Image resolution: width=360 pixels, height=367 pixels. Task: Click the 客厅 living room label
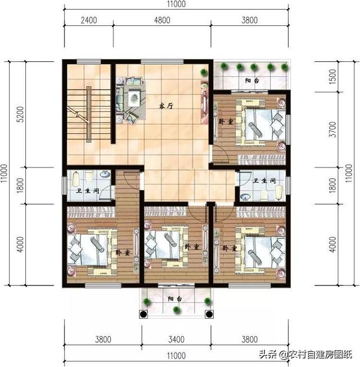166,106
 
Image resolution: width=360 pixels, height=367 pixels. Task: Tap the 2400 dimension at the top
89,20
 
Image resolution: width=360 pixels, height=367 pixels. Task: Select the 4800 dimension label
162,20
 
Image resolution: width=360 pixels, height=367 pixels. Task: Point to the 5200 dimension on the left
20,114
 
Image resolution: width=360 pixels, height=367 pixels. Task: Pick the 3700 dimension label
332,129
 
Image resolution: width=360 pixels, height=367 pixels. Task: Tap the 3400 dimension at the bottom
177,339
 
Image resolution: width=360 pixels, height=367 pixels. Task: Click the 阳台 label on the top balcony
252,81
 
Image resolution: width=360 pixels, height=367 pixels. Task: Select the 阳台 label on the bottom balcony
175,299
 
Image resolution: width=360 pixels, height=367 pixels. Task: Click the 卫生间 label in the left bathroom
87,191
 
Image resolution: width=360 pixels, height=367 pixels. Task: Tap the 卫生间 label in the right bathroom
264,181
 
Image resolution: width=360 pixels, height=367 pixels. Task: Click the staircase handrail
89,115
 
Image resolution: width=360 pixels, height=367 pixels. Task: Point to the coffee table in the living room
134,98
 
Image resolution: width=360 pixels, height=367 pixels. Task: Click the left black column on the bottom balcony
143,314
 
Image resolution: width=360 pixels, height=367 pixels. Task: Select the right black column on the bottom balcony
209,314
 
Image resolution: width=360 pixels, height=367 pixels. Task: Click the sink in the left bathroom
105,174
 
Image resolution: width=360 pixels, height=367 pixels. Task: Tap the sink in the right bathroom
245,197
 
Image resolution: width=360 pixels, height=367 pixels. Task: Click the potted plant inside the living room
204,71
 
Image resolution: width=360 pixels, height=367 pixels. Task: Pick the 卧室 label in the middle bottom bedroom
192,247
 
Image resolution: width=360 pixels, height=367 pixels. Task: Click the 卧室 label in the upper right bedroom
226,122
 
